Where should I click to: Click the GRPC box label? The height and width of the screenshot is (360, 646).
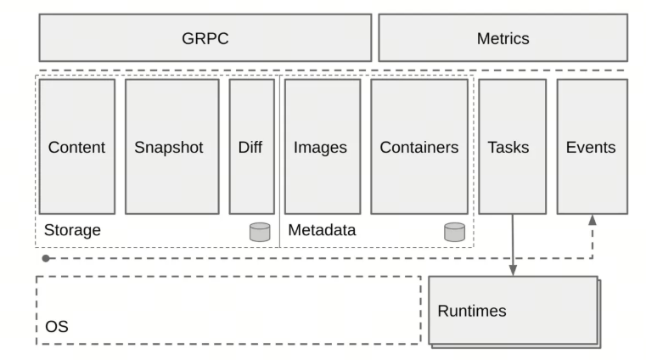205,38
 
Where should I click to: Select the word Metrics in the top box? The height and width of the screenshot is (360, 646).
503,38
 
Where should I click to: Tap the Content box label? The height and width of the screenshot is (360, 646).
76,147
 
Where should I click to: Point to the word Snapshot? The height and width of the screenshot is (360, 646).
169,148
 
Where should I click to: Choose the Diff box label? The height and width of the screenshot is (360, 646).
250,147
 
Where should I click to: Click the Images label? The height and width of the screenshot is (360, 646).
320,148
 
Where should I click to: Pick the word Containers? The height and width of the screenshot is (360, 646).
419,147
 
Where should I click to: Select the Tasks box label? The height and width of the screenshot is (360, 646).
508,147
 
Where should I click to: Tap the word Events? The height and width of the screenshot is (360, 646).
591,147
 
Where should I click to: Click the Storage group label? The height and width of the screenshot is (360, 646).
72,230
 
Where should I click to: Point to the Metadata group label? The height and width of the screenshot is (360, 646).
322,230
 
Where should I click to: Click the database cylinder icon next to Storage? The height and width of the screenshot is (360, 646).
260,232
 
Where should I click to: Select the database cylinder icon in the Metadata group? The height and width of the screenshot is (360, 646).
454,232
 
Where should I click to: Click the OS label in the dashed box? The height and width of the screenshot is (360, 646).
57,327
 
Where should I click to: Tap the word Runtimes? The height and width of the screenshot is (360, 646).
472,311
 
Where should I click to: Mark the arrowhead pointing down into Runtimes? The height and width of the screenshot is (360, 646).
513,270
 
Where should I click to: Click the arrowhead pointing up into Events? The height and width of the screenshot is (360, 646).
593,220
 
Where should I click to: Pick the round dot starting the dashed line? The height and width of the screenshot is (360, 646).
46,258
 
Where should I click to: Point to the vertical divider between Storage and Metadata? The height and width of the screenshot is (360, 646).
280,161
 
